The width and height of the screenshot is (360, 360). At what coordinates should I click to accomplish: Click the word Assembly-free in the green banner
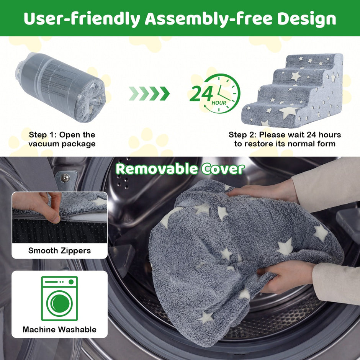(x=209, y=19)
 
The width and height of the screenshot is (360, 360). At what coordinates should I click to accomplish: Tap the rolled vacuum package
(x=61, y=87)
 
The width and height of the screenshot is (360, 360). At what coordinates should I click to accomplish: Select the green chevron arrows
(x=149, y=93)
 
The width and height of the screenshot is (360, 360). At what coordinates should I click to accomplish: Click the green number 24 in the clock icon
(x=201, y=94)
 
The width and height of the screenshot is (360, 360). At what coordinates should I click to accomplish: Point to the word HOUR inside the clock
(x=219, y=103)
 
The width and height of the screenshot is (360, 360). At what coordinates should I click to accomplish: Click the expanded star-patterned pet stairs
(x=292, y=90)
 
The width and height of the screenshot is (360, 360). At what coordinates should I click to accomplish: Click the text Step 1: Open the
(x=62, y=134)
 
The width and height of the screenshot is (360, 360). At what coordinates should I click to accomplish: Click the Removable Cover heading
(x=180, y=169)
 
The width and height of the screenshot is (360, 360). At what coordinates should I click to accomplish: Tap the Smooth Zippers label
(x=59, y=250)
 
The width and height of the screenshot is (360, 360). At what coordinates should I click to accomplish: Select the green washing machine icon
(x=59, y=298)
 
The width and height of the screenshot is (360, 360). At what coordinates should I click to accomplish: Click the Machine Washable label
(x=59, y=329)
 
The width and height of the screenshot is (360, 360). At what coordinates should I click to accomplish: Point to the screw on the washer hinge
(x=65, y=177)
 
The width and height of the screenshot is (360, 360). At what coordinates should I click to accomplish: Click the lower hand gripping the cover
(x=287, y=277)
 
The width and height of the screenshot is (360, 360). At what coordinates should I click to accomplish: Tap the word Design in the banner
(x=307, y=19)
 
